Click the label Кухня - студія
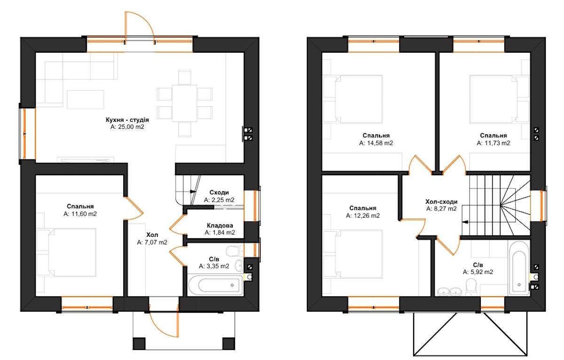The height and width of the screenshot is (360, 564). [127, 119]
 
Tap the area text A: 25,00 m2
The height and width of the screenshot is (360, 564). [127, 126]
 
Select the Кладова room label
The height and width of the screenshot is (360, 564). [220, 225]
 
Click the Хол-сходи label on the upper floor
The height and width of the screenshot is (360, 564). [441, 202]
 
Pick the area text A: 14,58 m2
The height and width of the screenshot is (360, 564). [376, 143]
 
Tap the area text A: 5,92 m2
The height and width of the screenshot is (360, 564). [478, 272]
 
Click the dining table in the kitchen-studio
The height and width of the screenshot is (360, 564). [184, 103]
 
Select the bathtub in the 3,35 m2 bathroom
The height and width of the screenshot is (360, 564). [216, 285]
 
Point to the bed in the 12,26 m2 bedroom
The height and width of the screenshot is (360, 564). [359, 254]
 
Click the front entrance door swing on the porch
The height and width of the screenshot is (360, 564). [165, 323]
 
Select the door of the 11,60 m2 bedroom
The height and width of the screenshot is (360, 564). [133, 209]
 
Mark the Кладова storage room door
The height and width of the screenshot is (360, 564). [178, 225]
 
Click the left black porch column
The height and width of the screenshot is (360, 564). [139, 344]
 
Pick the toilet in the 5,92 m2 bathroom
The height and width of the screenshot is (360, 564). [470, 287]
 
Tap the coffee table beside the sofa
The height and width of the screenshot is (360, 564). [86, 100]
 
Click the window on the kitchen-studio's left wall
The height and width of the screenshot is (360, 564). [27, 134]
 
